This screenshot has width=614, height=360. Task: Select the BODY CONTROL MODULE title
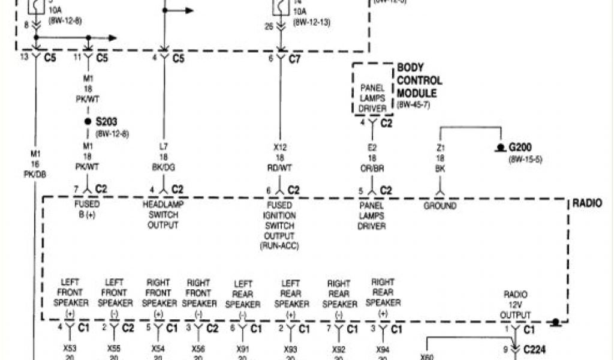click(x=420, y=81)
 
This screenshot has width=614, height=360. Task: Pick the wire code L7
click(x=163, y=147)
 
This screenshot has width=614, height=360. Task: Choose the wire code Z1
click(x=440, y=148)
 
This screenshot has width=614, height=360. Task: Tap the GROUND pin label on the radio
click(x=440, y=206)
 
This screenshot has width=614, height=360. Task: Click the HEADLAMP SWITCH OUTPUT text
click(x=162, y=215)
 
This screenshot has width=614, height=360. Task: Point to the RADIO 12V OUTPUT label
click(x=515, y=304)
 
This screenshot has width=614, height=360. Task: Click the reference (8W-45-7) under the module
click(x=414, y=105)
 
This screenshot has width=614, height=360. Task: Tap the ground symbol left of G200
click(x=499, y=148)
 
